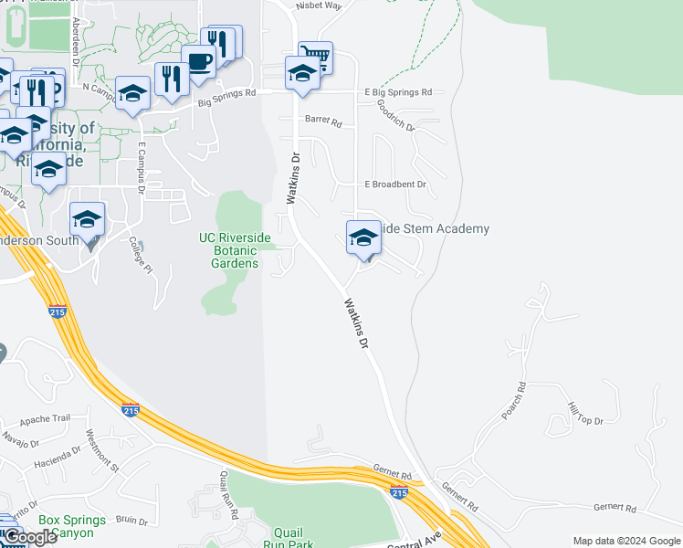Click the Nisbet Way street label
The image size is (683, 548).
pyautogui.click(x=318, y=5)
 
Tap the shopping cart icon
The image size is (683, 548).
pyautogui.click(x=314, y=57)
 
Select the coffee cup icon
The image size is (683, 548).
pyautogui.click(x=198, y=61)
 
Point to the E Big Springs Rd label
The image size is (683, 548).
pyautogui.click(x=398, y=92)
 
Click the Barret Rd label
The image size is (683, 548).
pyautogui.click(x=322, y=120)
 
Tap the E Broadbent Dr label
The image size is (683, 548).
pyautogui.click(x=395, y=184)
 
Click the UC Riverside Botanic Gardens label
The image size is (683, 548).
pyautogui.click(x=236, y=250)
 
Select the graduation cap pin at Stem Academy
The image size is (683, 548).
pyautogui.click(x=363, y=237)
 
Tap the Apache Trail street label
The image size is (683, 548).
pyautogui.click(x=44, y=418)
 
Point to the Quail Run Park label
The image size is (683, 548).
pyautogui.click(x=294, y=538)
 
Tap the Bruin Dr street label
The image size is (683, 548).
pyautogui.click(x=131, y=521)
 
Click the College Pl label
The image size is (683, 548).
pyautogui.click(x=138, y=253)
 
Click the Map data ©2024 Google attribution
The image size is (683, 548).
pyautogui.click(x=626, y=541)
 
